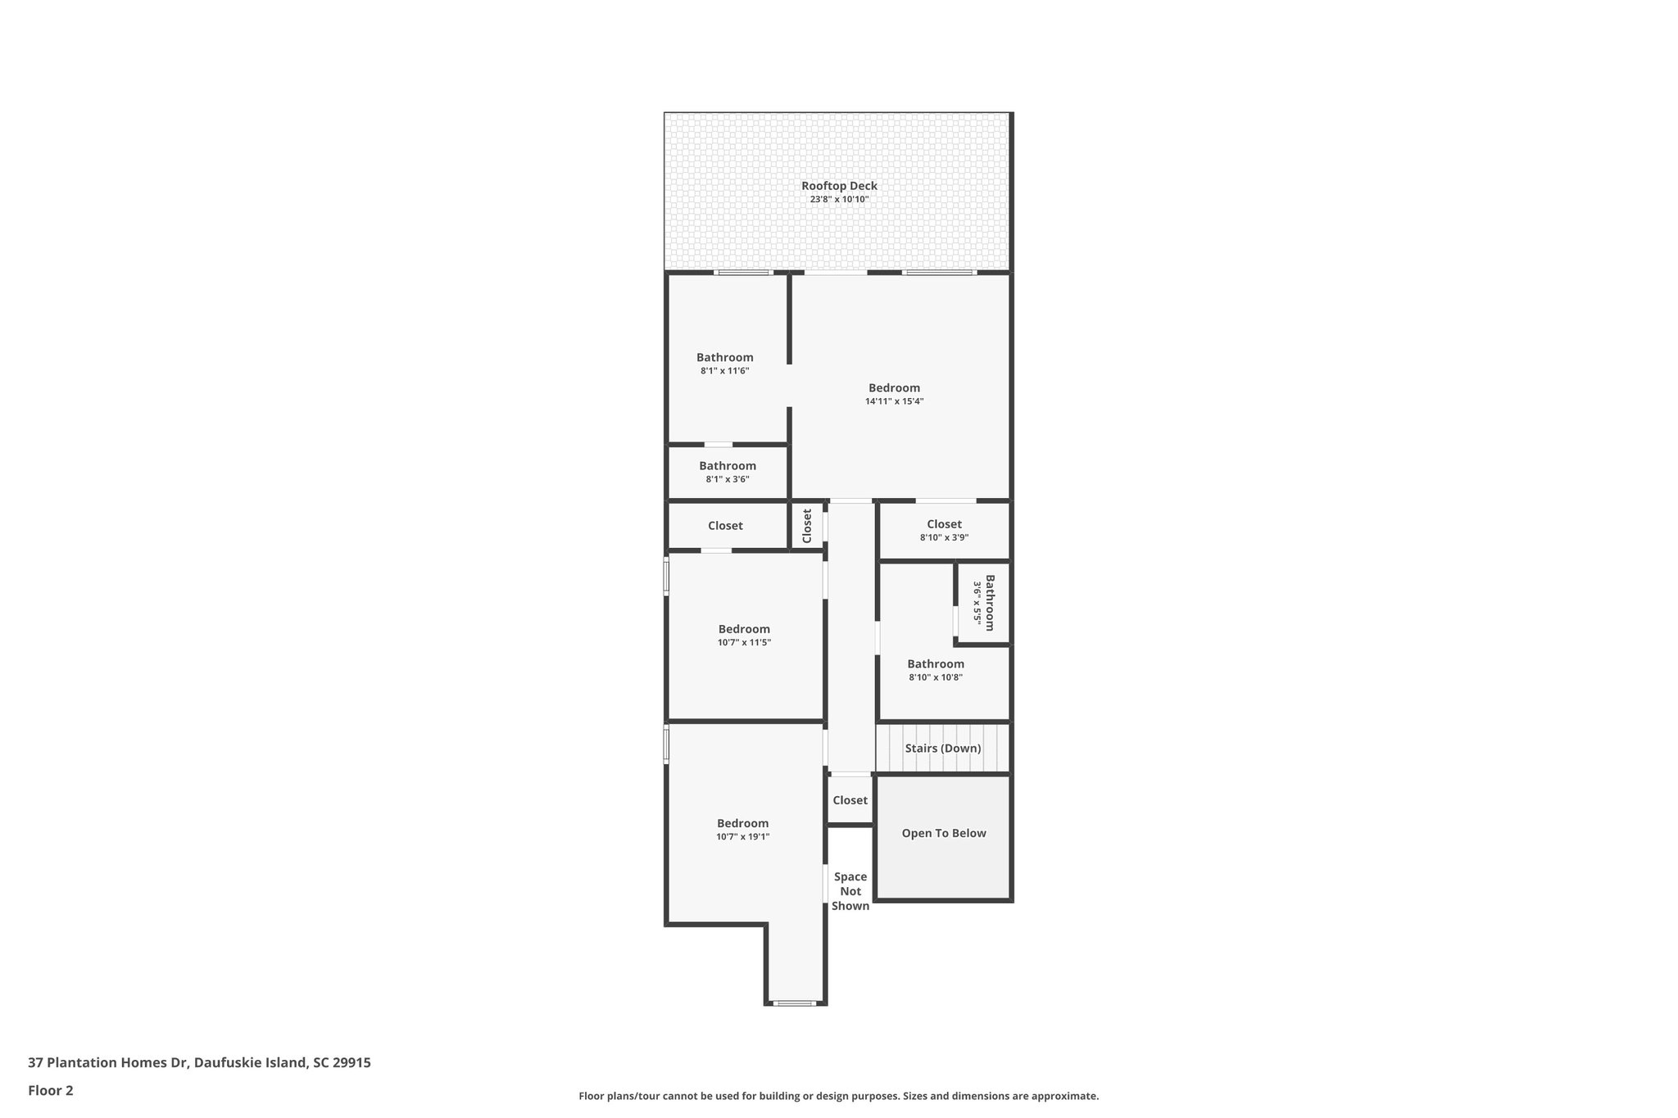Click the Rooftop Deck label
[839, 186]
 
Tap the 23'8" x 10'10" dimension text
[839, 199]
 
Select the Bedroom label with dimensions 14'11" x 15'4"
[894, 388]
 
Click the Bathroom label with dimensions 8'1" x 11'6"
[724, 357]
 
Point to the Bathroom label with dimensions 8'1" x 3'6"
[727, 466]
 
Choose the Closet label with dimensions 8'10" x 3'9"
[944, 524]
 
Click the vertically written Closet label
[807, 526]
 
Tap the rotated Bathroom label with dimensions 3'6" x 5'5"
[989, 603]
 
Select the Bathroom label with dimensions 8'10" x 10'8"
[935, 664]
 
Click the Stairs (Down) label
[942, 748]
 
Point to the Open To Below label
[943, 833]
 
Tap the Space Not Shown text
[850, 891]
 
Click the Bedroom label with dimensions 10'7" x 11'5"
[744, 629]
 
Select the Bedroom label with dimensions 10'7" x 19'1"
[742, 823]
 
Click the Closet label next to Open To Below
[850, 800]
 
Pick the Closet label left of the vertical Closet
[725, 526]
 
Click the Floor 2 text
[51, 1090]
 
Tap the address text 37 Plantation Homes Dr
[199, 1062]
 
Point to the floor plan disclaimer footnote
[838, 1096]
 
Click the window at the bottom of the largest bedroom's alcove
[795, 1003]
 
